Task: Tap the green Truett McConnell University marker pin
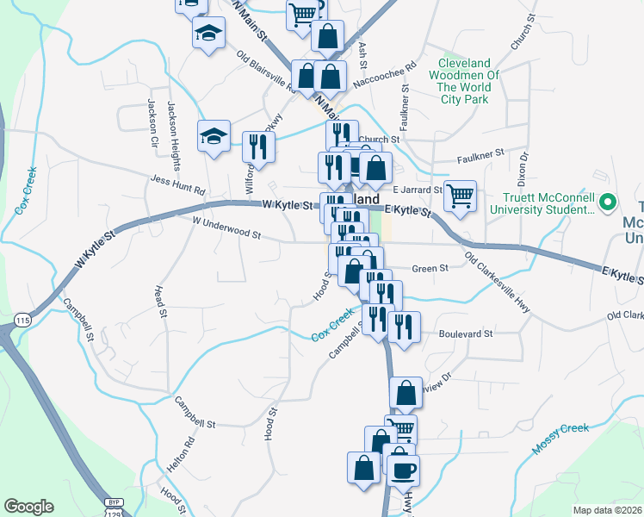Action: pyautogui.click(x=608, y=203)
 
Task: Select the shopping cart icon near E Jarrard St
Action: pyautogui.click(x=460, y=196)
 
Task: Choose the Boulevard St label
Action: pyautogui.click(x=464, y=333)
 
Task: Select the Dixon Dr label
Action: pyautogui.click(x=521, y=171)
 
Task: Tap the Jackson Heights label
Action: pyautogui.click(x=176, y=123)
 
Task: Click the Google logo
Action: pyautogui.click(x=28, y=506)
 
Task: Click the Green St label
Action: pyautogui.click(x=430, y=269)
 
